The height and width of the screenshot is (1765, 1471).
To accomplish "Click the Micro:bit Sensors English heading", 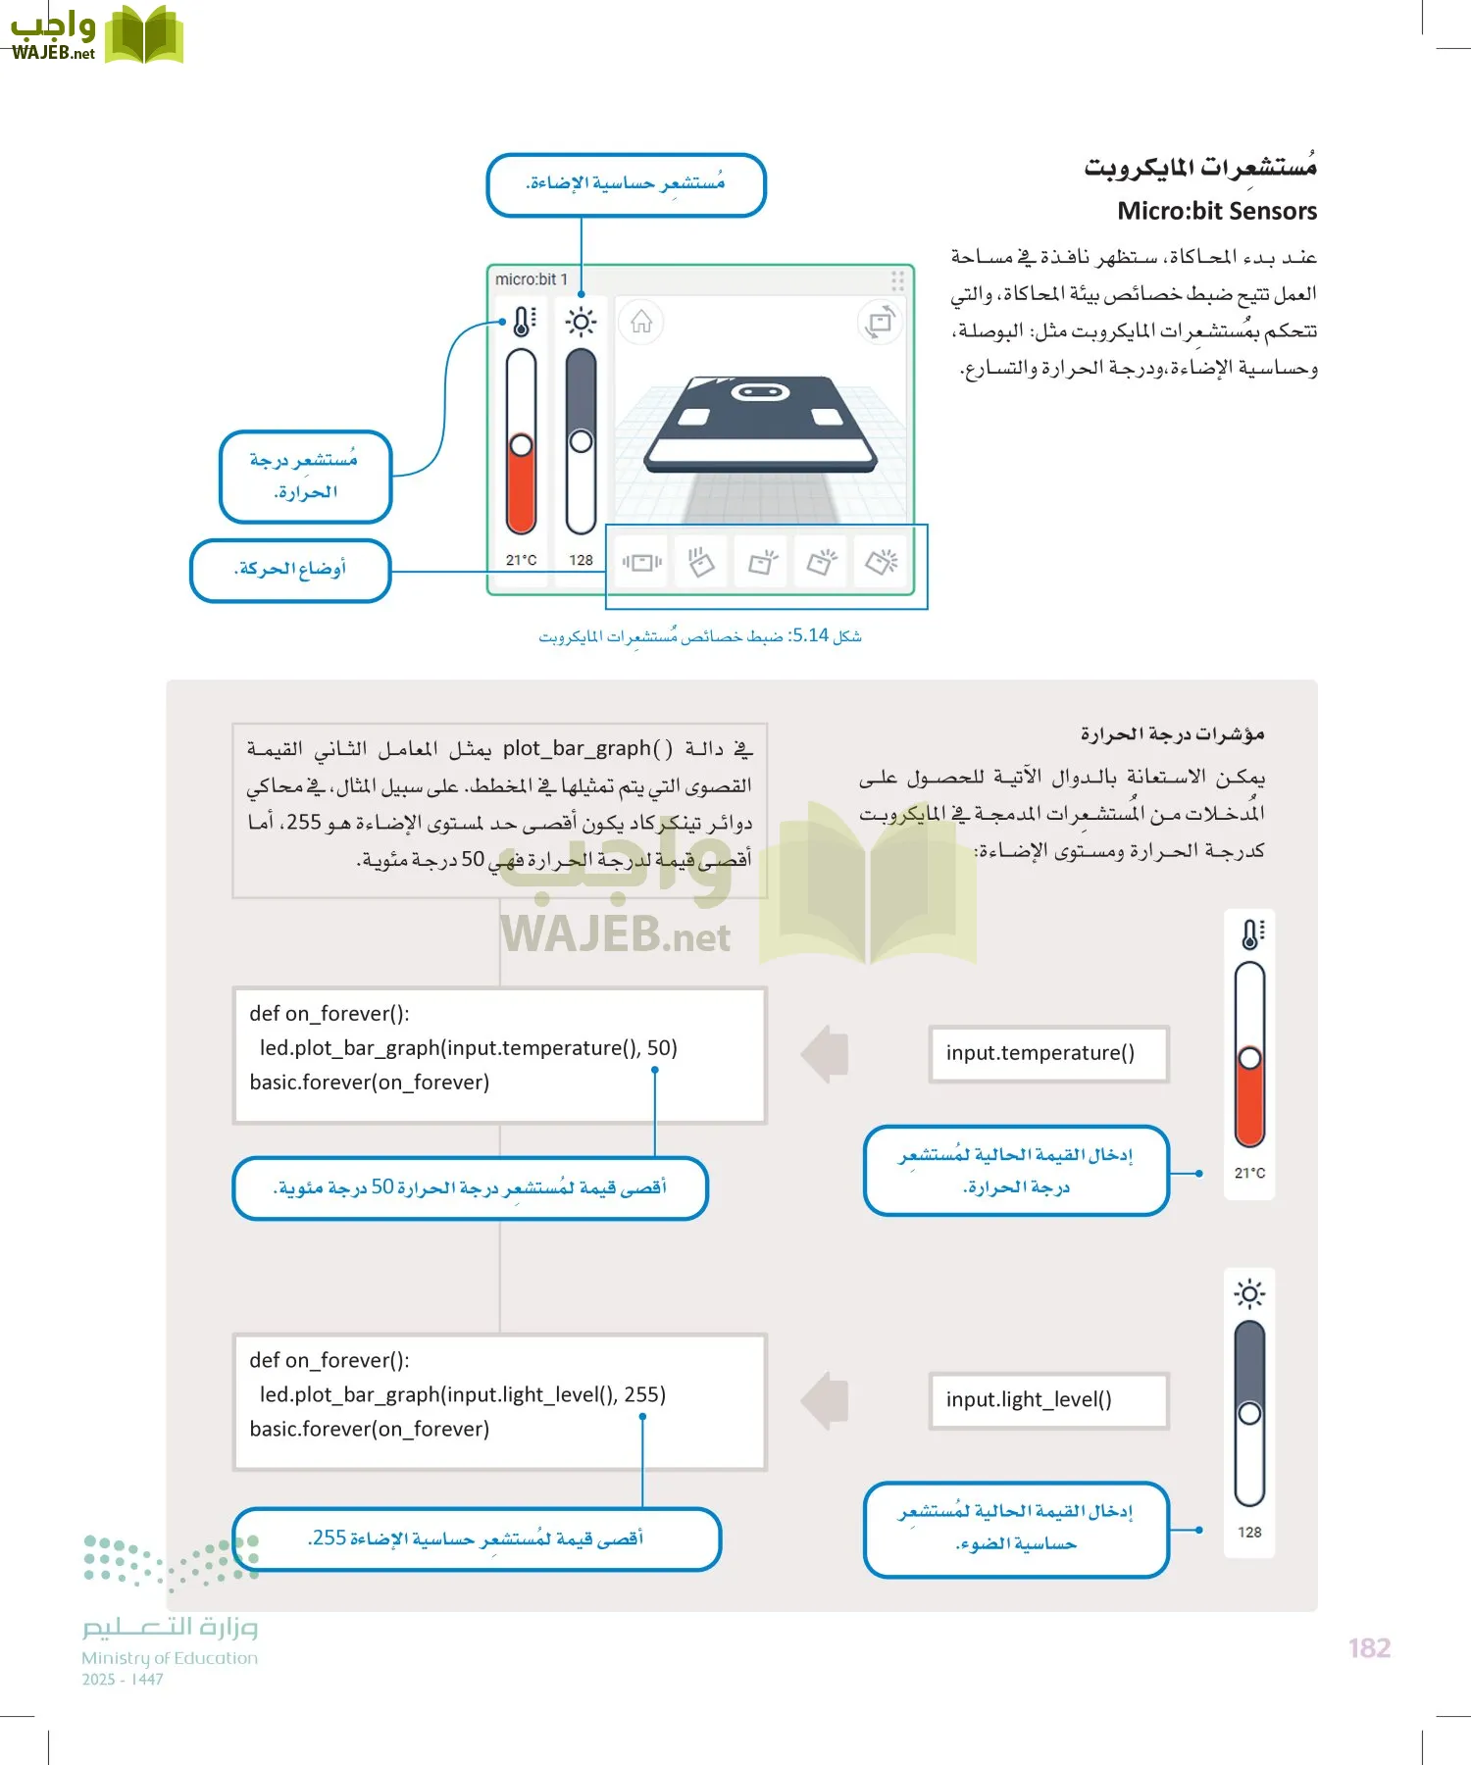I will (x=1216, y=211).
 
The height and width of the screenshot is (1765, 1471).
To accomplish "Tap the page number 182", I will (x=1369, y=1648).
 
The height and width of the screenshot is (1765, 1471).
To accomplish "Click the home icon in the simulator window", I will (x=641, y=322).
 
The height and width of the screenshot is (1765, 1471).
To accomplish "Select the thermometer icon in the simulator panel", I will (x=524, y=321).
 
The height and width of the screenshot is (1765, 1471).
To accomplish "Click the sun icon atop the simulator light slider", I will (x=581, y=322).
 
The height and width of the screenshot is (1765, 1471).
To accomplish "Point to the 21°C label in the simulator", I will (x=521, y=560).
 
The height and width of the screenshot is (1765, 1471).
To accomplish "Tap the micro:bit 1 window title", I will (x=531, y=279).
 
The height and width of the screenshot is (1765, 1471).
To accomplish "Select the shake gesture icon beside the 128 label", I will (x=641, y=562).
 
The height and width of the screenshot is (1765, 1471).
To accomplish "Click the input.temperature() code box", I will (x=1047, y=1053).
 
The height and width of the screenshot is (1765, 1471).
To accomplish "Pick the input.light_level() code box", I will (x=1047, y=1400).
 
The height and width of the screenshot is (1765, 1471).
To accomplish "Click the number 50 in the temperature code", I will (x=661, y=1047).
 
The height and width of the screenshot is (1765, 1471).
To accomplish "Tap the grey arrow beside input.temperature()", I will (x=826, y=1054).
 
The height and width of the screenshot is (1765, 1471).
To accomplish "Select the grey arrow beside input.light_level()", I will (x=826, y=1400).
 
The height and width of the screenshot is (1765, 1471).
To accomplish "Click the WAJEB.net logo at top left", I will (x=95, y=35).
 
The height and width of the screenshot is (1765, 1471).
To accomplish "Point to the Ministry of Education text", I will (x=170, y=1658).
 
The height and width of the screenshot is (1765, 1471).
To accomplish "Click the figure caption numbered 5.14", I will (x=699, y=636).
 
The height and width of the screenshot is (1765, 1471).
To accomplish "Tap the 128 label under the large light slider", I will (x=1249, y=1532).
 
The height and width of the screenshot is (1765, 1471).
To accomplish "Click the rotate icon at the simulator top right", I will (x=880, y=322).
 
